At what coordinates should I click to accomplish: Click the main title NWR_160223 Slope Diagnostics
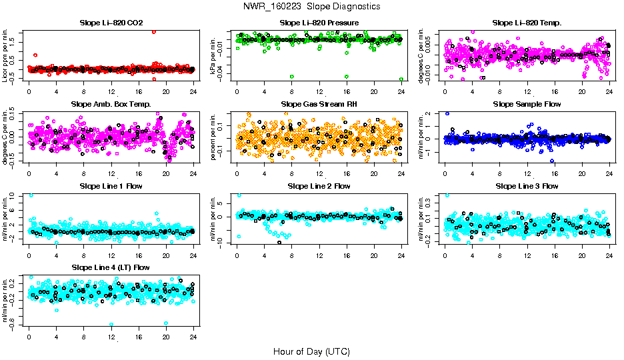(312, 6)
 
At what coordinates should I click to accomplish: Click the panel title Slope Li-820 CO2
(111, 23)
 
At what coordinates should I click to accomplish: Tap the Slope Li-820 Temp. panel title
(527, 23)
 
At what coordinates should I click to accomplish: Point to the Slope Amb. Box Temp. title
(111, 105)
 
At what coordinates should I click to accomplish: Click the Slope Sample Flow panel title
(527, 105)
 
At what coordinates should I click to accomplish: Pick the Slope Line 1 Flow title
(111, 186)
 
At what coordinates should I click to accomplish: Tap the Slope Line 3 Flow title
(527, 186)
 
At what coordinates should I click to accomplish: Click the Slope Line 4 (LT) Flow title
(111, 268)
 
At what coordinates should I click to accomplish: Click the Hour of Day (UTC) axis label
(311, 351)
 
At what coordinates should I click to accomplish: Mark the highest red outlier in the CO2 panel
(154, 31)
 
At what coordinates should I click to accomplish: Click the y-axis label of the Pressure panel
(215, 57)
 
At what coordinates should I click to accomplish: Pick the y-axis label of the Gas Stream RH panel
(215, 138)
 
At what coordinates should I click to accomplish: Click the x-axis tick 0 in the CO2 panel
(29, 92)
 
